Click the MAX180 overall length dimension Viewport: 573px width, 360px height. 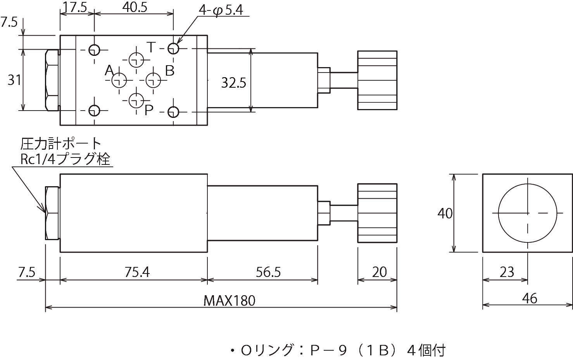(230, 301)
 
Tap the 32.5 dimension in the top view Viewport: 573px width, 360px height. (233, 83)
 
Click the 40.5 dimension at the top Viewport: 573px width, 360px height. (134, 8)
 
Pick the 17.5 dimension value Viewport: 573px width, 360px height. (76, 8)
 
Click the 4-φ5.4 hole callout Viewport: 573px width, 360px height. (221, 10)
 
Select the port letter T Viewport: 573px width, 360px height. (151, 48)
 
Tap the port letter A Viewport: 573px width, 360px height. (109, 71)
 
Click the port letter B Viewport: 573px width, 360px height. (170, 71)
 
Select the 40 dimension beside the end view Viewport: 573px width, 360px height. (445, 213)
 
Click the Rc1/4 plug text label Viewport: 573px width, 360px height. (65, 159)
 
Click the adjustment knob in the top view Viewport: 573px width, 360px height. (377, 81)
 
